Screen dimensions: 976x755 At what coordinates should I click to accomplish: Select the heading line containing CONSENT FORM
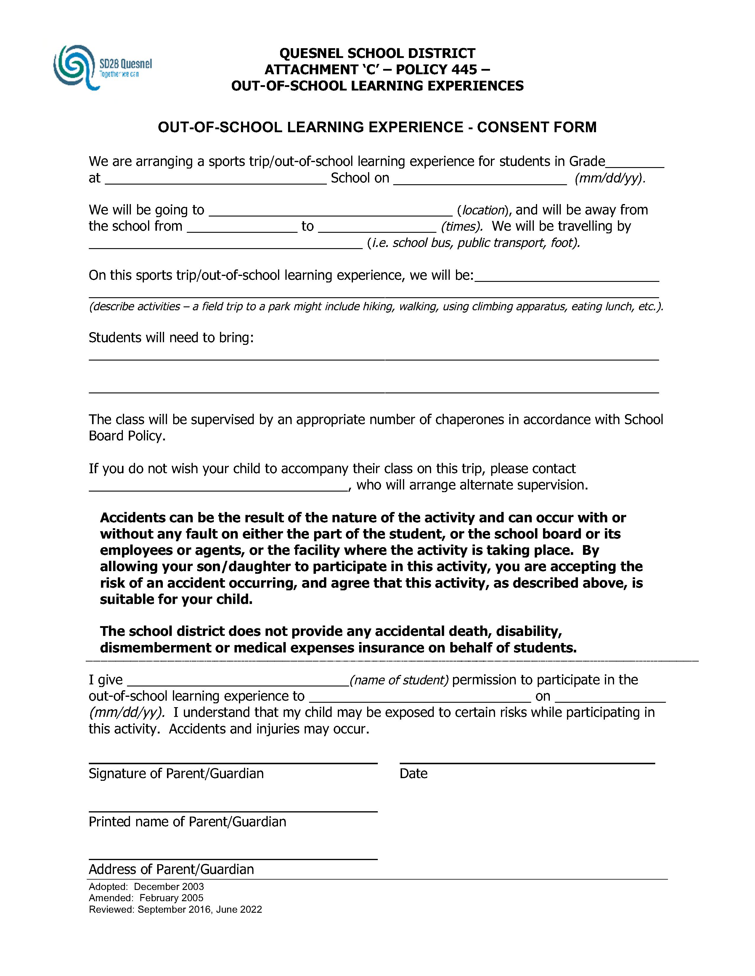pos(377,127)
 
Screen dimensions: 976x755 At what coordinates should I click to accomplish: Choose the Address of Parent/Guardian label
pos(171,869)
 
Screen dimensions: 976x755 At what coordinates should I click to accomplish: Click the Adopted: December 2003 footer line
pos(146,887)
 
